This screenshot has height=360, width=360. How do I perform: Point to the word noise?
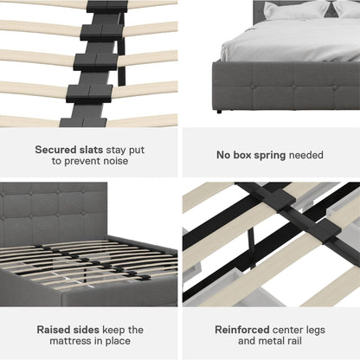[x=115, y=161]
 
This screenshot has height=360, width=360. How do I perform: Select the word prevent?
[x=81, y=161]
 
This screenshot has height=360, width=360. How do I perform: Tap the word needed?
[x=305, y=155]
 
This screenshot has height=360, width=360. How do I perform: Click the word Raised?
[x=54, y=330]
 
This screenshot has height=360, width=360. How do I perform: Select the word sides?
[x=87, y=330]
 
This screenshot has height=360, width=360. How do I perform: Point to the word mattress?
[x=71, y=341]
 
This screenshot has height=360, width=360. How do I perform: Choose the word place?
[x=118, y=341]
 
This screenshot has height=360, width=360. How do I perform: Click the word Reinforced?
[x=242, y=330]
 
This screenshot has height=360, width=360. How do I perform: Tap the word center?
[x=286, y=330]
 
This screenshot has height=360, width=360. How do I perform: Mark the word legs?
[x=314, y=331]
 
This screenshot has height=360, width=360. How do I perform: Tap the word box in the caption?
[x=242, y=155]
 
